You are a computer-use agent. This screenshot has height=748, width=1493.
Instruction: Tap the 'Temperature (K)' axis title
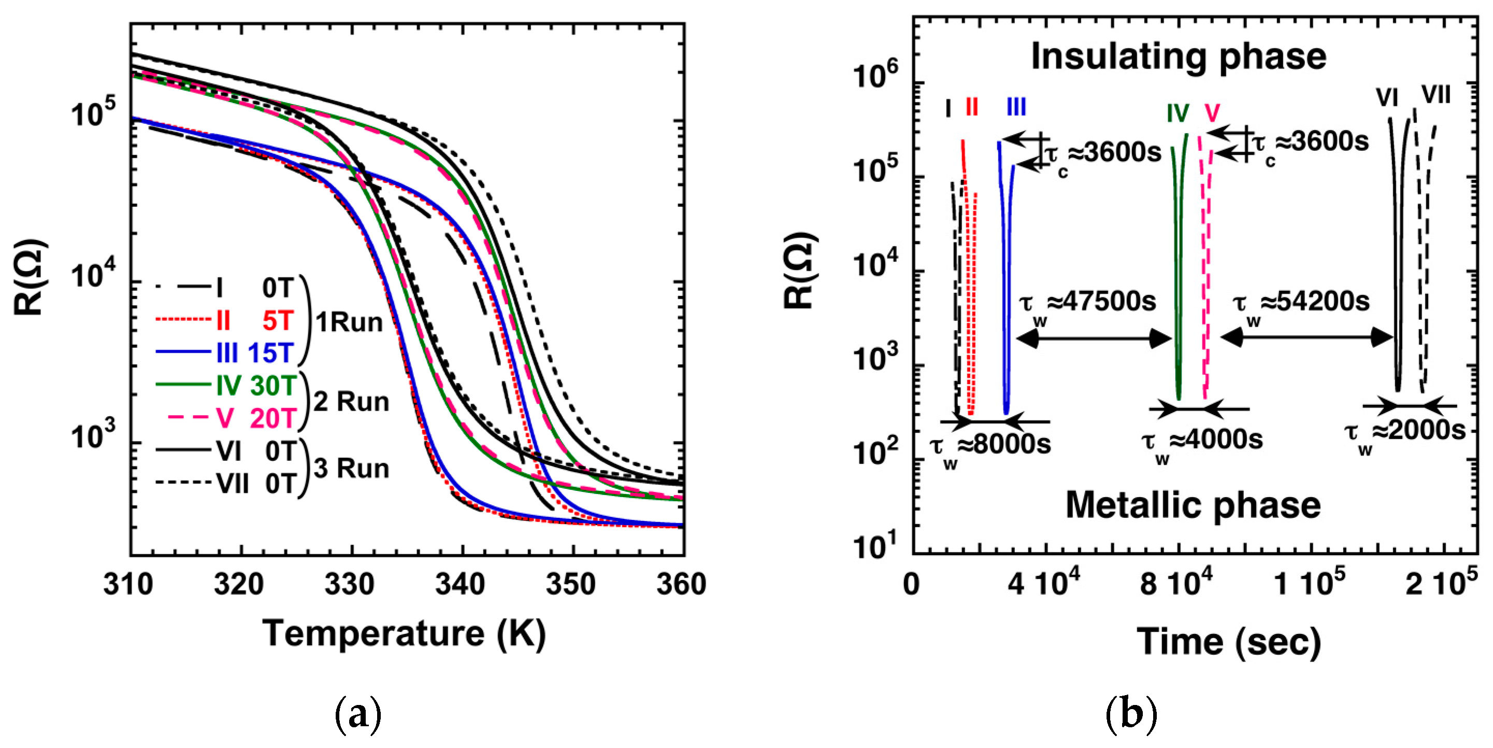tap(404, 633)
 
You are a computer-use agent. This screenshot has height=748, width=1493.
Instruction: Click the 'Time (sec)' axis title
tap(1229, 642)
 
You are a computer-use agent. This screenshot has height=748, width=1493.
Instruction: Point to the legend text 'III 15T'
tap(255, 353)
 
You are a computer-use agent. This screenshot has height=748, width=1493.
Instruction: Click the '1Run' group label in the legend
tap(349, 322)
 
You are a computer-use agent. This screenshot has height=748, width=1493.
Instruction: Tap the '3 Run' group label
tap(351, 469)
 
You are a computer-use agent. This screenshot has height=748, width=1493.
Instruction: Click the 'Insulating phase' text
tap(1178, 57)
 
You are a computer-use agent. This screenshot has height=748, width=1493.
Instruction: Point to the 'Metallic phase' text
tap(1193, 505)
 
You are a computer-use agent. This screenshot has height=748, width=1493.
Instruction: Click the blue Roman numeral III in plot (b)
tap(1016, 107)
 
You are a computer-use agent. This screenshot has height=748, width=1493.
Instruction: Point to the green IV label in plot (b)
tap(1178, 114)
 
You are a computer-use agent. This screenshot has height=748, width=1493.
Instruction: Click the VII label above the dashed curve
tap(1435, 95)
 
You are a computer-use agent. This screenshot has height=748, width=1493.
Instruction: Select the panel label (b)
tap(1131, 714)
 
